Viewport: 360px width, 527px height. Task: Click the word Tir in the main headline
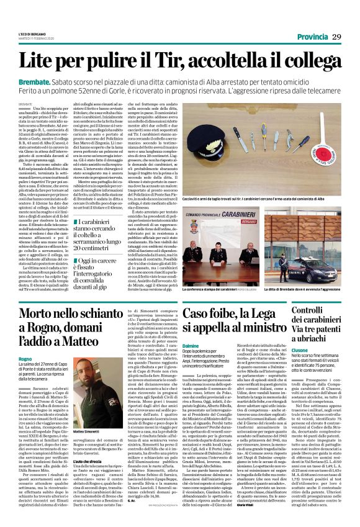[165, 61]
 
